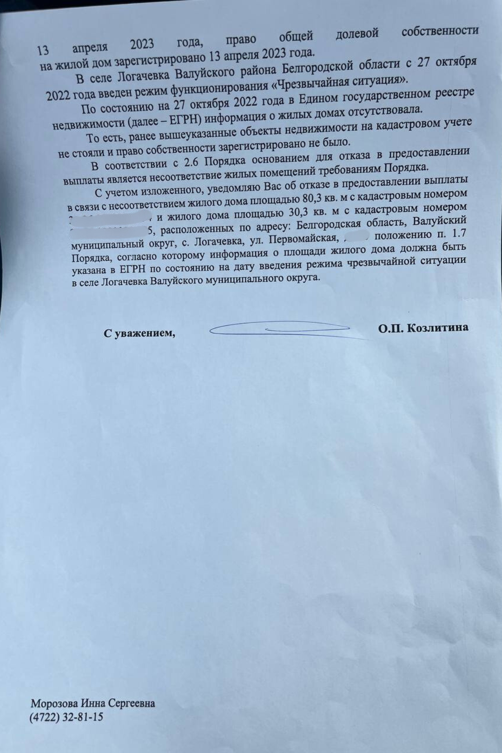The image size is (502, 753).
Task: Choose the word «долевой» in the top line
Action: tap(357, 33)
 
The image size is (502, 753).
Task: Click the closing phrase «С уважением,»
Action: tap(139, 333)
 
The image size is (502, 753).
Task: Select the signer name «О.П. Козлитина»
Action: tap(423, 328)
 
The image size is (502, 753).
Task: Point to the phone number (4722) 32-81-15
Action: tap(66, 718)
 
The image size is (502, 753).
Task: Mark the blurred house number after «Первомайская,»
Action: tap(356, 238)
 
